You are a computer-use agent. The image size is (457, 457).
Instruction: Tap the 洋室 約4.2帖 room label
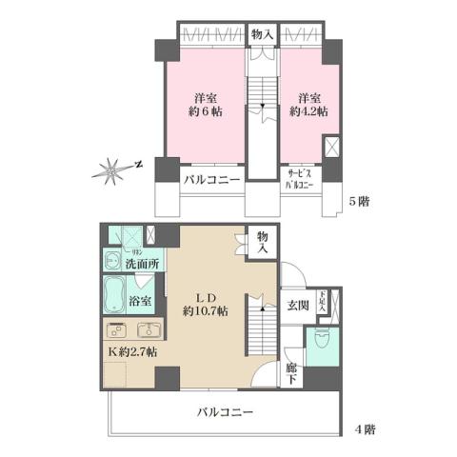click(308, 106)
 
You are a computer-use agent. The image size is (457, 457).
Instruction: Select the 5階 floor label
click(357, 203)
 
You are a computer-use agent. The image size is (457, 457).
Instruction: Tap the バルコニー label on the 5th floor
click(210, 179)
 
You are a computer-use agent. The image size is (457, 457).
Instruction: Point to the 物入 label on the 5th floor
click(262, 34)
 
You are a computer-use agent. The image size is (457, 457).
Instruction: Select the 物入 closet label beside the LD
click(262, 243)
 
